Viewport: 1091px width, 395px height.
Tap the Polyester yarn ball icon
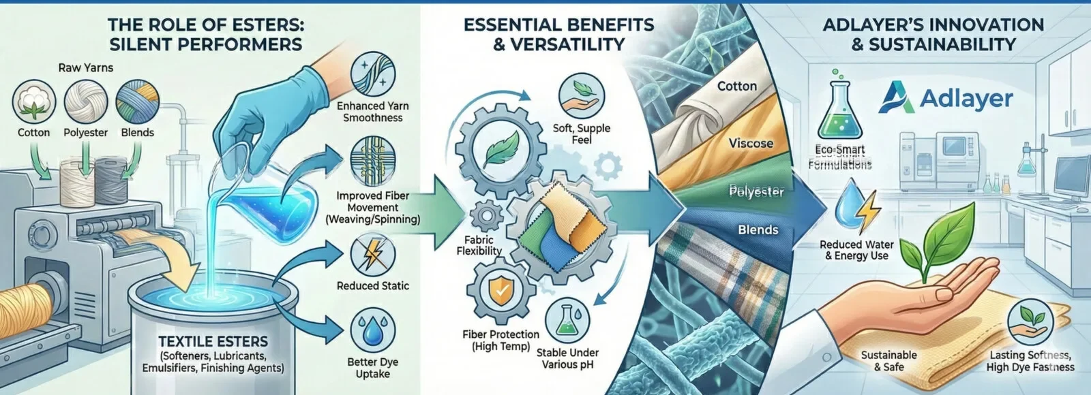tap(86, 103)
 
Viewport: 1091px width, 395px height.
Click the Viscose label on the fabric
tap(751, 144)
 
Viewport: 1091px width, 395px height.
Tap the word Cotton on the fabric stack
tap(737, 86)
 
